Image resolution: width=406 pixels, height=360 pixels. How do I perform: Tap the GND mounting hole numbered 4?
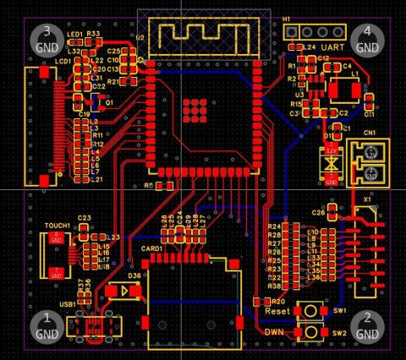pyautogui.click(x=367, y=39)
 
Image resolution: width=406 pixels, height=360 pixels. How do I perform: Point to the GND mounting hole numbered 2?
pyautogui.click(x=367, y=325)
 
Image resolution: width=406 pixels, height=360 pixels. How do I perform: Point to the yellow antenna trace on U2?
pyautogui.click(x=204, y=35)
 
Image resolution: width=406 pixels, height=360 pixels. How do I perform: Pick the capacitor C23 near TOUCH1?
pyautogui.click(x=84, y=226)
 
